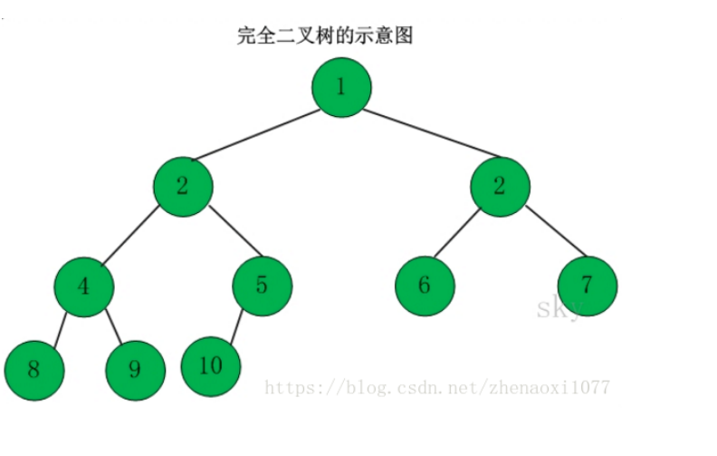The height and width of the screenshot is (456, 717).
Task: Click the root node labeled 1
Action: (x=341, y=87)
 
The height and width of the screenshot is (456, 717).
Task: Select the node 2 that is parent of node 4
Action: (x=183, y=187)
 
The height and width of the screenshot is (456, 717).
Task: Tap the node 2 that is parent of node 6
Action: (x=499, y=187)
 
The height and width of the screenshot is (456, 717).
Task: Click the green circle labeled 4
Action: (x=84, y=286)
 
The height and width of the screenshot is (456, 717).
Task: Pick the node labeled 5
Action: (x=262, y=286)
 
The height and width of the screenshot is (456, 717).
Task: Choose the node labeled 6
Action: (x=425, y=286)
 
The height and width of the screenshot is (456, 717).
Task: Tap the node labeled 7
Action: (x=587, y=286)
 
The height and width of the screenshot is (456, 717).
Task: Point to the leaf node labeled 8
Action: (x=34, y=369)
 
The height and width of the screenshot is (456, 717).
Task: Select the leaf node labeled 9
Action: (x=135, y=370)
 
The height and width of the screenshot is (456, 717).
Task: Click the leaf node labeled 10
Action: (x=211, y=366)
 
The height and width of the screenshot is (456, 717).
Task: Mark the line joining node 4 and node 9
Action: (x=112, y=330)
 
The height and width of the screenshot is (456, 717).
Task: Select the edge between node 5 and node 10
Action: (x=237, y=328)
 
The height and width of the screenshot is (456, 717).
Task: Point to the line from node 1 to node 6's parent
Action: (x=431, y=133)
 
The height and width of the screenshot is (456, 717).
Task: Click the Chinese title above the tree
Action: (x=325, y=36)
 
